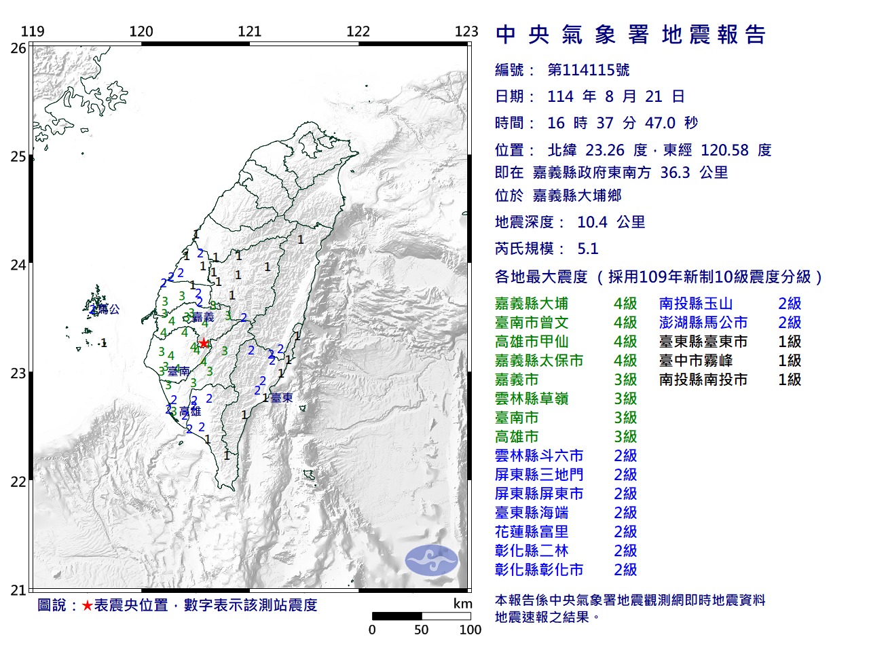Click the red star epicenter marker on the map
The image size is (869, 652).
tap(204, 343)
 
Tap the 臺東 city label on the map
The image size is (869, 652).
tap(282, 398)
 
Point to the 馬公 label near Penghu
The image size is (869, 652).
tap(108, 310)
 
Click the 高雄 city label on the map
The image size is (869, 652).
tap(190, 412)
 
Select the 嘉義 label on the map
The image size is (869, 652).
tap(203, 317)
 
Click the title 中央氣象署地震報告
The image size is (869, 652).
tap(631, 35)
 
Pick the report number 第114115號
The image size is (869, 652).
tap(588, 70)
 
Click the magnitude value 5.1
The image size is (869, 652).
tap(587, 249)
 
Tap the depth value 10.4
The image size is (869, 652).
tap(593, 222)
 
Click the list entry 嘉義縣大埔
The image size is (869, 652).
tap(532, 304)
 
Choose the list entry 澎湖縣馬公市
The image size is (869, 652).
tap(703, 323)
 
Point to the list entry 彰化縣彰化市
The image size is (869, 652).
tap(539, 570)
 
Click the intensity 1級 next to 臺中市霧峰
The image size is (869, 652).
tap(790, 361)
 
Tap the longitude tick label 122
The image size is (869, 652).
tap(358, 31)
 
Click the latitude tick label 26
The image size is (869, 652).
tap(18, 48)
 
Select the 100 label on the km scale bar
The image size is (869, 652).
tap(470, 630)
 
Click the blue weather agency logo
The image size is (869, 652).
tap(432, 560)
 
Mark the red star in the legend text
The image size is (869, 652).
tap(87, 605)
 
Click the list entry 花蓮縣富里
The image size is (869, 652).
tap(532, 532)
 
